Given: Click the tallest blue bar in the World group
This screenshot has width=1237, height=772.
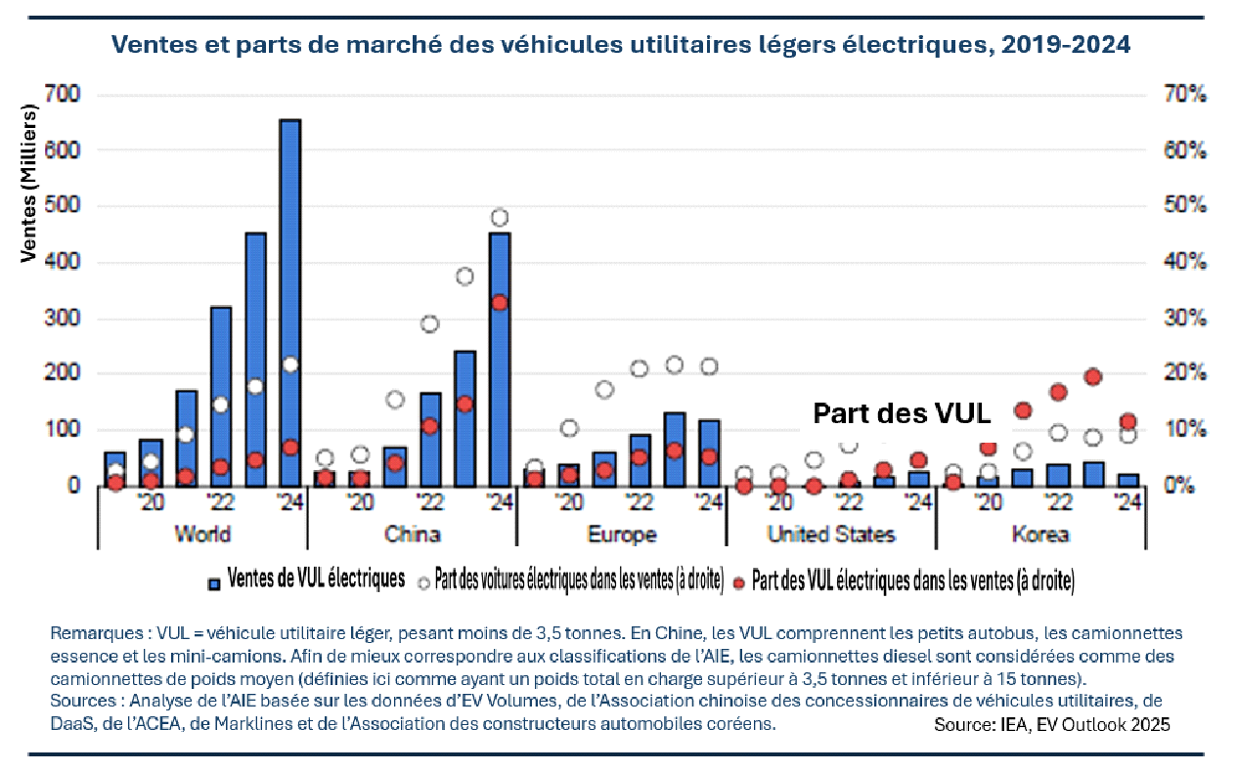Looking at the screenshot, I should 290,303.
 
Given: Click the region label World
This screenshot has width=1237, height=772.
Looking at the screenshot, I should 202,535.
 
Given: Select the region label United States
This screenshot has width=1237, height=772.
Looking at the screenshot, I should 831,535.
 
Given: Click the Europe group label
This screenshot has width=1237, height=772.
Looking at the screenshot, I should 622,535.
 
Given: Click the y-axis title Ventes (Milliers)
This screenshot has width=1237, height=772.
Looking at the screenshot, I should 28,184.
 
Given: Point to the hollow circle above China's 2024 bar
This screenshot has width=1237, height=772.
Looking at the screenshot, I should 500,217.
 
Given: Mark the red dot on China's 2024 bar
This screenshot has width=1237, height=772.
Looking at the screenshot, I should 500,303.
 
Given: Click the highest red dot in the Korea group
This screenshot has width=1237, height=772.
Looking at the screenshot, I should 1093,376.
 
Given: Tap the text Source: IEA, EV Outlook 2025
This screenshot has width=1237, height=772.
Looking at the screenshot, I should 1051,724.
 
